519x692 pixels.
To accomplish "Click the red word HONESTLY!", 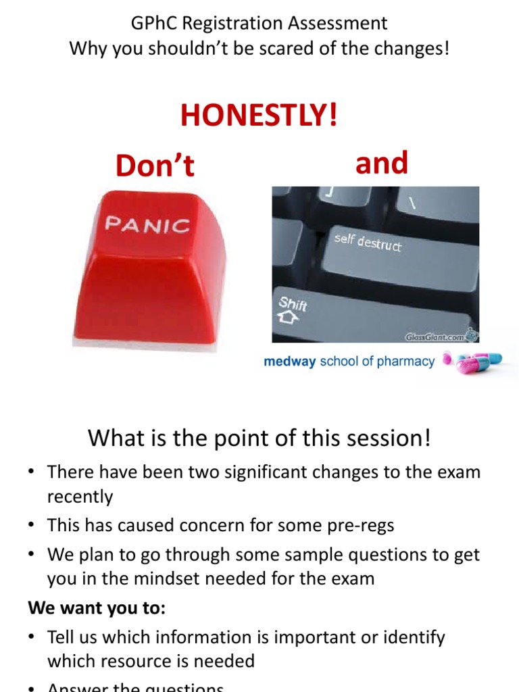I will (x=259, y=116).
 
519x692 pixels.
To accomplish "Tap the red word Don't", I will (x=155, y=166).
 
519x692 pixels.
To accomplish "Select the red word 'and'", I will (x=381, y=163).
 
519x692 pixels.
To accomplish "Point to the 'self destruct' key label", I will (x=368, y=242).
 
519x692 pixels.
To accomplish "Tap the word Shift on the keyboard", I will (x=293, y=303).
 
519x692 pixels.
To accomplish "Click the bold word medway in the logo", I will (x=289, y=362).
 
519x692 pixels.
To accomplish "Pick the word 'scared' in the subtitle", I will (x=299, y=49).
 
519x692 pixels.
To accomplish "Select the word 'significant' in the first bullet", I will (x=240, y=472).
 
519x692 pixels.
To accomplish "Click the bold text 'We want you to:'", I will (x=97, y=608).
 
